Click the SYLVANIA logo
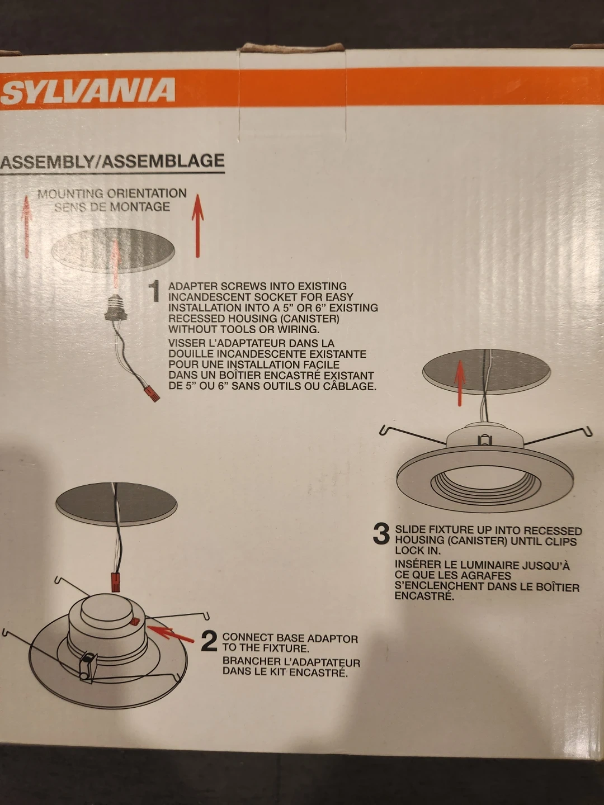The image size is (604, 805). (88, 90)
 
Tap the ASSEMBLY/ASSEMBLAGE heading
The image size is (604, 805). (112, 161)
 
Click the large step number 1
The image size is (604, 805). (156, 292)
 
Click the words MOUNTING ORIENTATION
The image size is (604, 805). (112, 193)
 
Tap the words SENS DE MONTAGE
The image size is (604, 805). (112, 207)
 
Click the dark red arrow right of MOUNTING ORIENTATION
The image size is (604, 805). (197, 225)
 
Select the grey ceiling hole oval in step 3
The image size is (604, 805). (487, 370)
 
